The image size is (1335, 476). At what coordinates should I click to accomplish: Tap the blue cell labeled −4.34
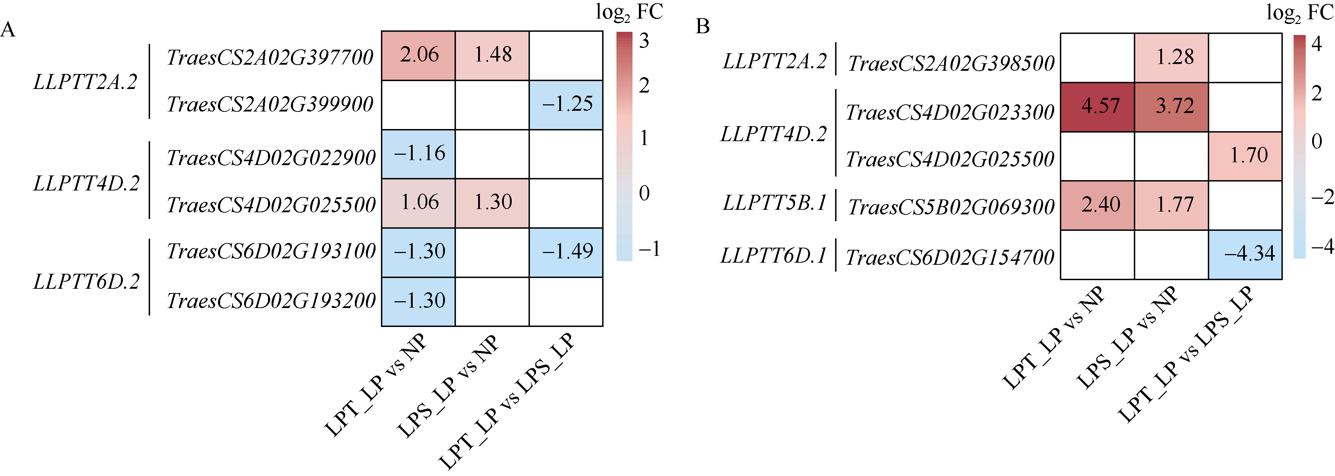pyautogui.click(x=1245, y=254)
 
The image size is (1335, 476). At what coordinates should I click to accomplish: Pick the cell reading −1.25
pyautogui.click(x=566, y=105)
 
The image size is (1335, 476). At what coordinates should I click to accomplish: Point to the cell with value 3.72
pyautogui.click(x=1171, y=107)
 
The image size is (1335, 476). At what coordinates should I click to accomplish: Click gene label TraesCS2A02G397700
pyautogui.click(x=270, y=58)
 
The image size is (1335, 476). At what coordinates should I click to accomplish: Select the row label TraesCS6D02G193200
pyautogui.click(x=271, y=301)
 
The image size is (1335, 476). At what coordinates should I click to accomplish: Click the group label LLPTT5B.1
pyautogui.click(x=774, y=203)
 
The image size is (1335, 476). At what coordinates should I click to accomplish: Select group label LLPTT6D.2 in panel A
pyautogui.click(x=86, y=282)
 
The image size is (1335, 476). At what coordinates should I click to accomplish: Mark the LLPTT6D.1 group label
pyautogui.click(x=773, y=256)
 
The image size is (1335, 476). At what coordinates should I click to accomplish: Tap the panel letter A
pyautogui.click(x=8, y=30)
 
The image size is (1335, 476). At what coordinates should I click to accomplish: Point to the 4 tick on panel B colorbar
pyautogui.click(x=1316, y=44)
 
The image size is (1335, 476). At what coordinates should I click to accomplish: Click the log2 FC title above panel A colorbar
pyautogui.click(x=629, y=13)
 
